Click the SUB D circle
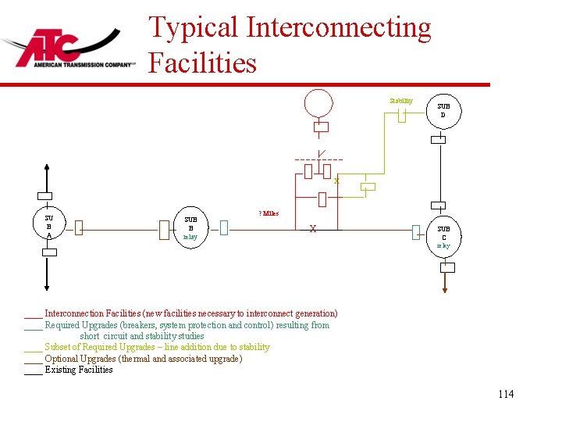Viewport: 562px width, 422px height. click(443, 110)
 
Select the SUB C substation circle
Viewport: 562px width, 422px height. click(443, 234)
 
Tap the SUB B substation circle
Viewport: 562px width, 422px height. click(190, 227)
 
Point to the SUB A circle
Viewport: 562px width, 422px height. click(48, 227)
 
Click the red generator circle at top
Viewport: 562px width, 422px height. click(318, 102)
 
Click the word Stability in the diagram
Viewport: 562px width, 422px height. click(401, 101)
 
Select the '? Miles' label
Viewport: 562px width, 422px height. click(269, 213)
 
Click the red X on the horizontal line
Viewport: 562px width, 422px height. click(312, 229)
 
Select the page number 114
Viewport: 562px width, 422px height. click(506, 394)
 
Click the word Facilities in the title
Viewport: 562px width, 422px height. click(202, 63)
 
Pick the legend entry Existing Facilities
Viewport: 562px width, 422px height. click(78, 370)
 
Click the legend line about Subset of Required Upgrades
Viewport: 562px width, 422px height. click(157, 347)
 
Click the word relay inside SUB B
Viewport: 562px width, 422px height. click(190, 236)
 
